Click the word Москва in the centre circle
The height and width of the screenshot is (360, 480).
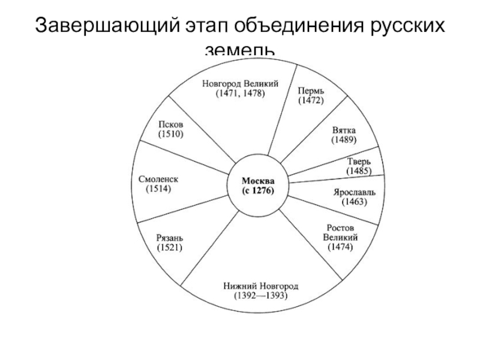(259, 181)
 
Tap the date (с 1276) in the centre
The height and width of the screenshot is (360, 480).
(259, 191)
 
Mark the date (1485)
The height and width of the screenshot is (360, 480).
(359, 171)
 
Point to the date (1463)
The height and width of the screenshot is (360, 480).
(355, 202)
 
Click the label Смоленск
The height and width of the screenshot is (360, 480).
(158, 179)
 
